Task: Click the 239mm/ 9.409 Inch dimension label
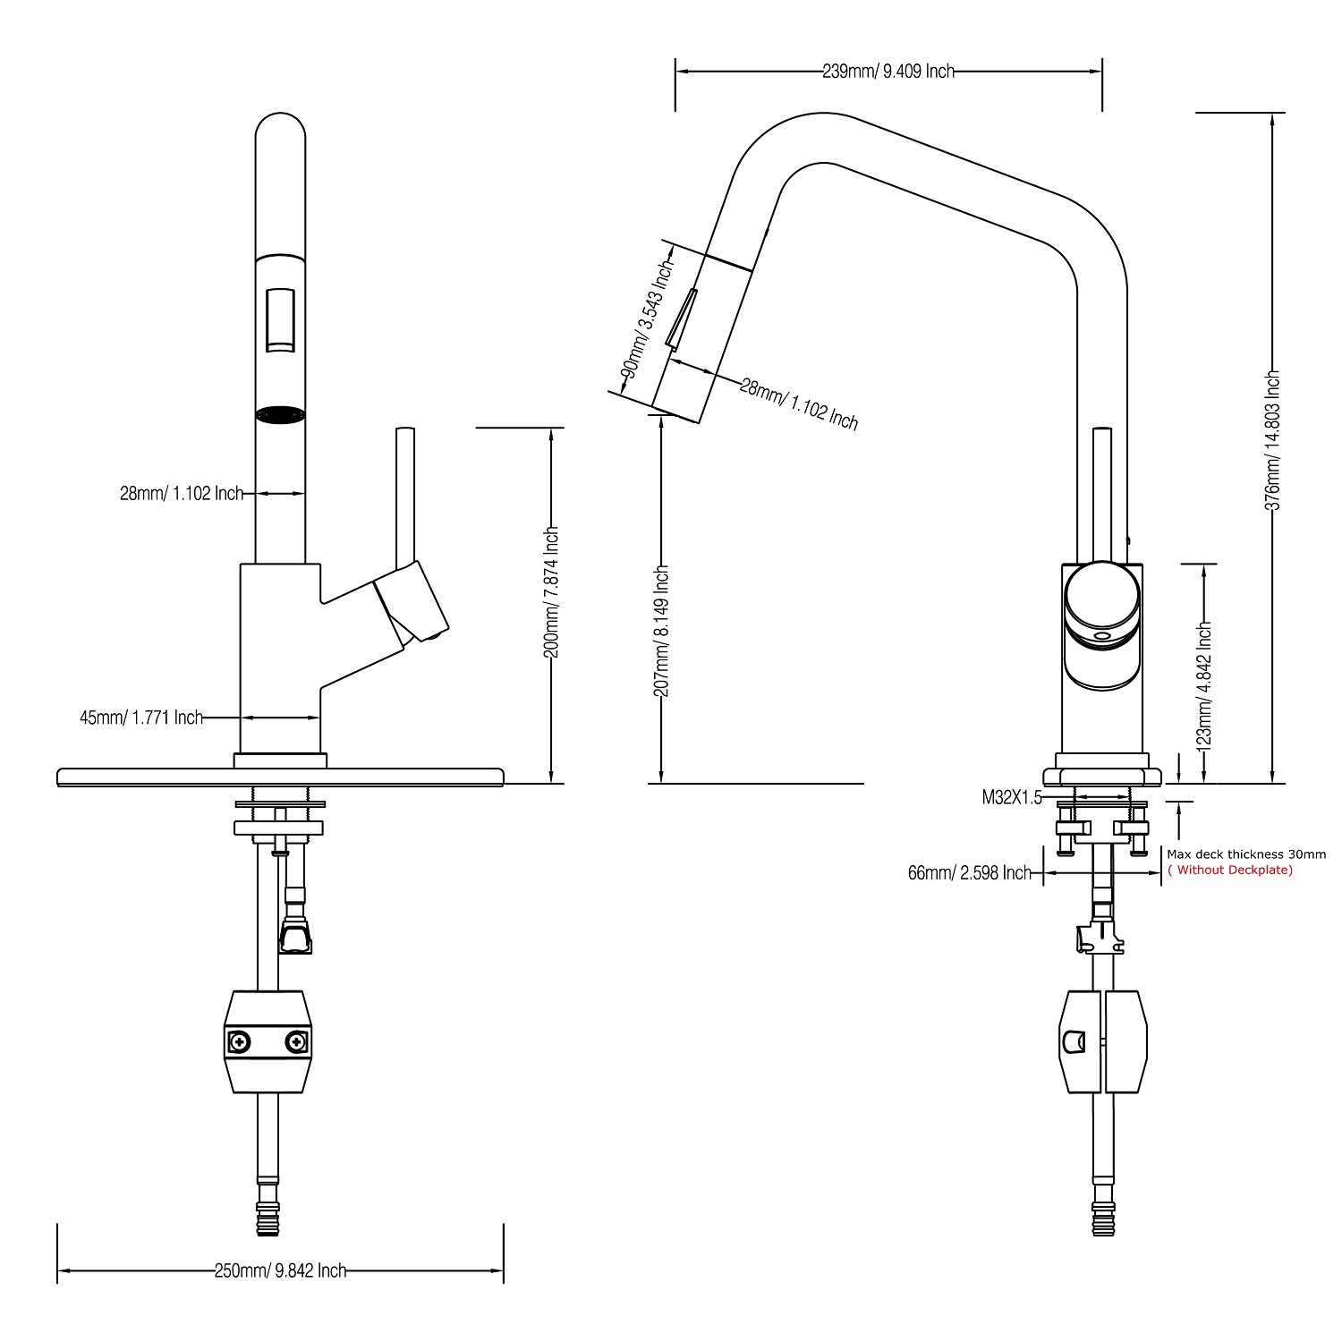point(888,72)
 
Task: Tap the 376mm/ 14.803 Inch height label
point(1272,440)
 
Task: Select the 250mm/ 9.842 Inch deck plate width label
point(280,1270)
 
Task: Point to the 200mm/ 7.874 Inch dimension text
point(552,592)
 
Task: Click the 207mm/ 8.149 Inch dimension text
point(661,631)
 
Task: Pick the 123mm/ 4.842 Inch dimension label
point(1204,684)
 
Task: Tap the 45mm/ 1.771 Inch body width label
point(141,718)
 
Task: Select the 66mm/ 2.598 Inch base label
point(969,873)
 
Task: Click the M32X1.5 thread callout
point(1012,798)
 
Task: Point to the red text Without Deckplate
point(1230,871)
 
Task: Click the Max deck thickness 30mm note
point(1246,854)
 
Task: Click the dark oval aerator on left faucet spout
point(280,415)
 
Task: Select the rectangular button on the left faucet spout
point(280,320)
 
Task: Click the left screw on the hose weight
point(241,1041)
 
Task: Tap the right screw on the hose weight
point(295,1041)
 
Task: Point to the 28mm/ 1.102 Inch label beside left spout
point(182,493)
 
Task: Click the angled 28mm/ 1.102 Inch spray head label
point(799,403)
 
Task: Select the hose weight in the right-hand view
point(1102,1041)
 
